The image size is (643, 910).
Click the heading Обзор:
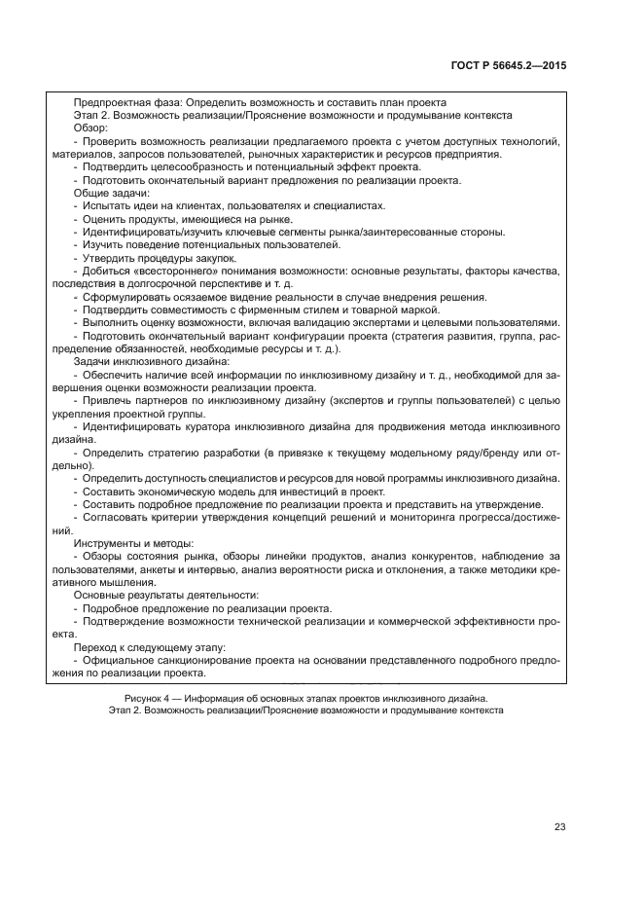pyautogui.click(x=91, y=127)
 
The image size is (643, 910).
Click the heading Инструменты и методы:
pyautogui.click(x=134, y=541)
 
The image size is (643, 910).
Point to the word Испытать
pyautogui.click(x=105, y=205)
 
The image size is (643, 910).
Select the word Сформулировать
pyautogui.click(x=129, y=296)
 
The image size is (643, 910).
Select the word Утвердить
pyautogui.click(x=108, y=257)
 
